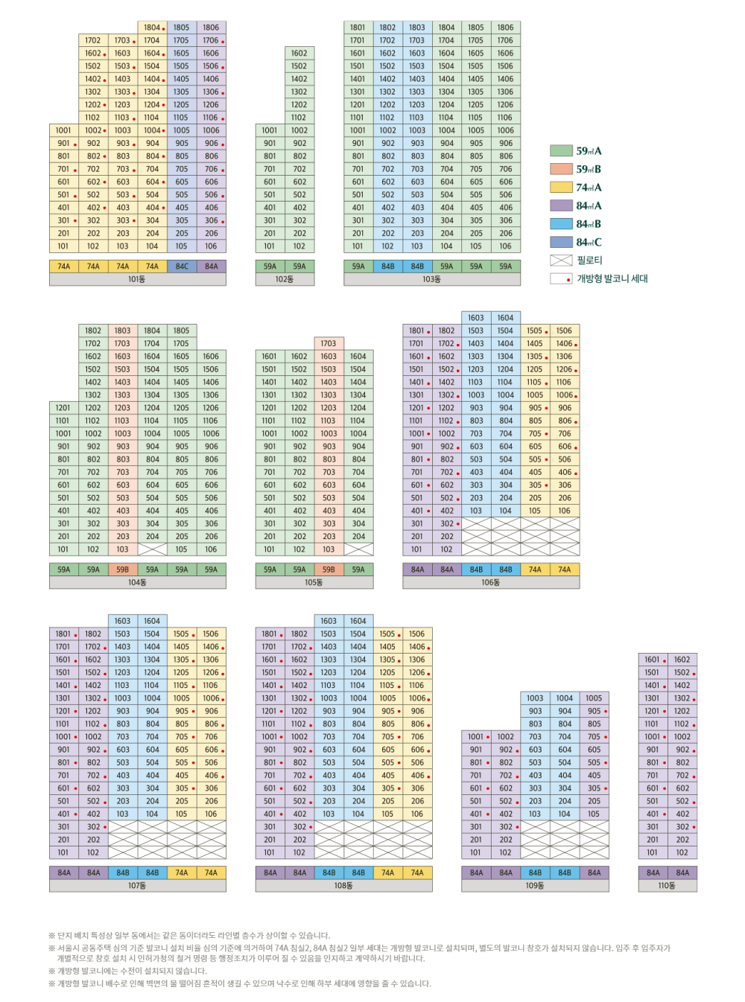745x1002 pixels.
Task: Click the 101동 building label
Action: (x=137, y=279)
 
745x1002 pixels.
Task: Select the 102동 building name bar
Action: (x=285, y=279)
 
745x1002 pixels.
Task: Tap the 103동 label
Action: (x=431, y=279)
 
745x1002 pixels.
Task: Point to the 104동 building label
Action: (x=137, y=582)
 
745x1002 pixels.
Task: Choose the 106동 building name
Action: (x=490, y=582)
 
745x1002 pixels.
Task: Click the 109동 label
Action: (x=534, y=886)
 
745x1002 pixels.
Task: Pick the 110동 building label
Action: (x=667, y=886)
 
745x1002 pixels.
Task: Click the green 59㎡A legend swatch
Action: (x=561, y=150)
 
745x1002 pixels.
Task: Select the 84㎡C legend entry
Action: (x=589, y=242)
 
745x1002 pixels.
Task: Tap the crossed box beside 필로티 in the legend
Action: (x=561, y=260)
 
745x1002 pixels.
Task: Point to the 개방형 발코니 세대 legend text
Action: (x=612, y=278)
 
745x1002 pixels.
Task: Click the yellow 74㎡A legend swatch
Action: (x=561, y=187)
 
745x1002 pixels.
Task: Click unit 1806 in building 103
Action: (x=505, y=28)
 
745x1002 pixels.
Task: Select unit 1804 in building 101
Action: (x=152, y=28)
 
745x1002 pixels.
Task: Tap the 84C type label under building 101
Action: (x=182, y=266)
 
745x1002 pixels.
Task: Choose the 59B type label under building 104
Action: (x=122, y=569)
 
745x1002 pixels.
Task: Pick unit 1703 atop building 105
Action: (x=329, y=343)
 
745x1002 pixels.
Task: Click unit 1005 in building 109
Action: (x=594, y=698)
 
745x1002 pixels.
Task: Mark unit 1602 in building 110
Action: (x=682, y=660)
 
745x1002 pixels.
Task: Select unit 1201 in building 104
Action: (x=63, y=407)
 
